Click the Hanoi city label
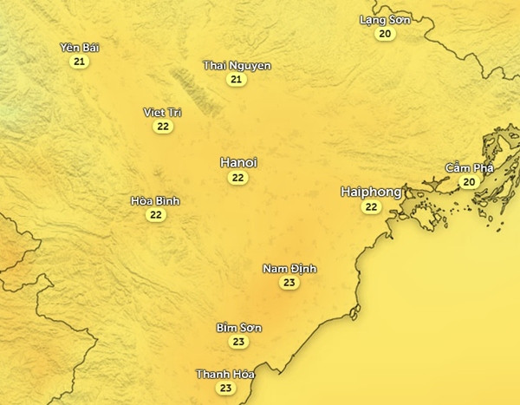point(238,162)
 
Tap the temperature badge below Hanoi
point(238,178)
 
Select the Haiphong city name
point(371,192)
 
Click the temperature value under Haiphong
point(371,207)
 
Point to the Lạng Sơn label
point(385,19)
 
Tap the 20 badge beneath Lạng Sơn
point(385,34)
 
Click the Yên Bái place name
point(80,48)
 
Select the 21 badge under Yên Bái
point(80,62)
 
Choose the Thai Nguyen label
point(237,65)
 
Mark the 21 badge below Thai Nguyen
point(237,80)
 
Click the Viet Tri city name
point(163,112)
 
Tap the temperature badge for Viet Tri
point(163,127)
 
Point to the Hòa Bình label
point(155,200)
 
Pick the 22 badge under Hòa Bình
point(155,215)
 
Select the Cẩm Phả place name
point(469,167)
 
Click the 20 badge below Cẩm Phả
point(469,182)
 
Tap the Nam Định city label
point(289,269)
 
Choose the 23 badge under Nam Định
point(289,284)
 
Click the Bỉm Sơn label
point(238,328)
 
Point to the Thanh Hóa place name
point(225,374)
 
